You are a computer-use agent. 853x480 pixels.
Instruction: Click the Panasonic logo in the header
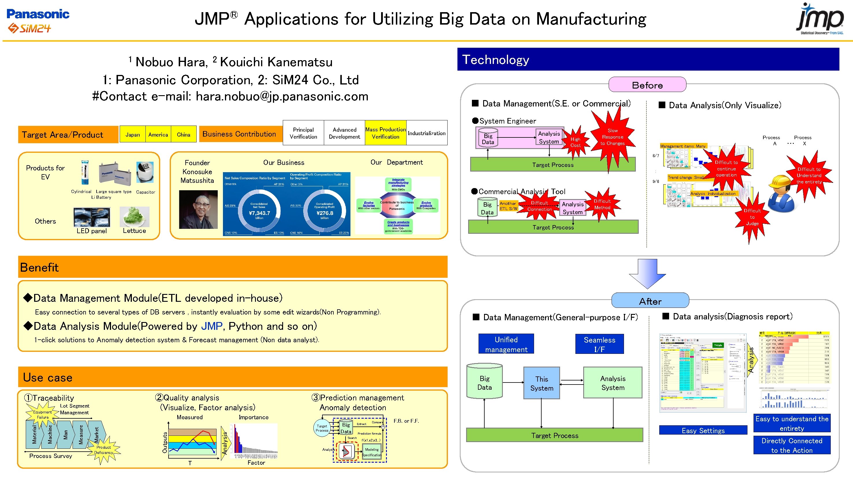pyautogui.click(x=38, y=14)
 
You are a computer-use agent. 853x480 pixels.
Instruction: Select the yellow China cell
pyautogui.click(x=183, y=135)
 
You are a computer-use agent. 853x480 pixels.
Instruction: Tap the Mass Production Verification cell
pyautogui.click(x=385, y=133)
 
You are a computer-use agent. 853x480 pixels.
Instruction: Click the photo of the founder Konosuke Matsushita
pyautogui.click(x=198, y=209)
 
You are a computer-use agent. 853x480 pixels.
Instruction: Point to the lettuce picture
pyautogui.click(x=134, y=217)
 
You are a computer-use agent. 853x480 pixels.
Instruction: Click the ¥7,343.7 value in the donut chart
pyautogui.click(x=259, y=213)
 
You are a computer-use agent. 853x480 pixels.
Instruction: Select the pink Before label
pyautogui.click(x=647, y=85)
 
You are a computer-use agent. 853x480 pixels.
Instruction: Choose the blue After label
pyautogui.click(x=650, y=301)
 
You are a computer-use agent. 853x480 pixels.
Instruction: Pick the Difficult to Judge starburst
pyautogui.click(x=752, y=217)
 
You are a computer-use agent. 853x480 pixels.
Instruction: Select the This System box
pyautogui.click(x=541, y=383)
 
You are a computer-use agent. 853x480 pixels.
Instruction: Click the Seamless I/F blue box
pyautogui.click(x=599, y=344)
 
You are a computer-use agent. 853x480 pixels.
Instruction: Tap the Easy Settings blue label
pyautogui.click(x=703, y=430)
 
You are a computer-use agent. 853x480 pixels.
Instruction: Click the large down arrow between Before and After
pyautogui.click(x=647, y=274)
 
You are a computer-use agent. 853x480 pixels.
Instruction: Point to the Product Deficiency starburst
pyautogui.click(x=103, y=450)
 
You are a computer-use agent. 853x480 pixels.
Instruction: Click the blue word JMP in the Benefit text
pyautogui.click(x=212, y=326)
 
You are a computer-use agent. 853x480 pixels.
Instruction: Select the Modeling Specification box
pyautogui.click(x=372, y=452)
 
